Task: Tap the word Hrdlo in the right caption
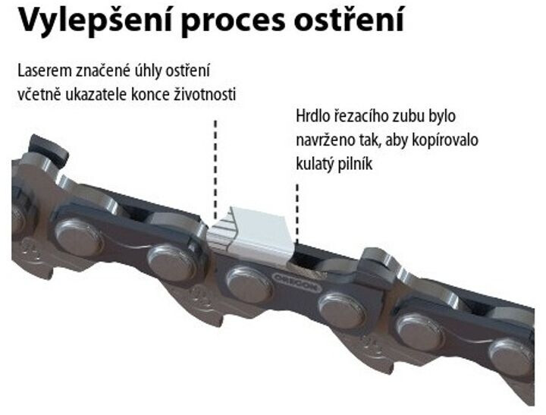(x=312, y=117)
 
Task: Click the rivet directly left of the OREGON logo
(x=248, y=282)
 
